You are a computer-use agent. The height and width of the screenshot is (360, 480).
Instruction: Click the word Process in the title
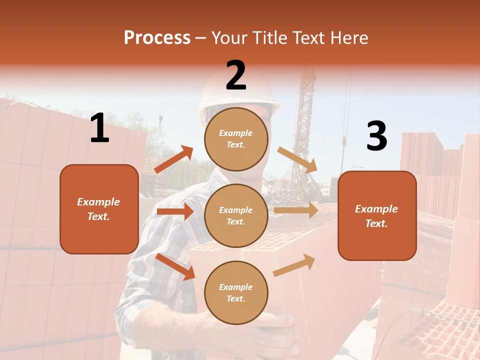(157, 37)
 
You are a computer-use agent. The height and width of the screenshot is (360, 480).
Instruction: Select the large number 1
(99, 128)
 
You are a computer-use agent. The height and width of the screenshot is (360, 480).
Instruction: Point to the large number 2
(236, 75)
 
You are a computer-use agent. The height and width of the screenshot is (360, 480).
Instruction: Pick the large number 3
(376, 136)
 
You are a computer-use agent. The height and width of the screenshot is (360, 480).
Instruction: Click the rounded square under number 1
(99, 209)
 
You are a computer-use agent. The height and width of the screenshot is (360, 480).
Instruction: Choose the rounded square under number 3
(377, 215)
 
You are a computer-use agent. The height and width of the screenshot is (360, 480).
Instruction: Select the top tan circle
(236, 139)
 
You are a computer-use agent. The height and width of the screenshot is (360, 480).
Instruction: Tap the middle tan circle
(236, 215)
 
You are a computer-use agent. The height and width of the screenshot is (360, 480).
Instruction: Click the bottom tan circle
(236, 292)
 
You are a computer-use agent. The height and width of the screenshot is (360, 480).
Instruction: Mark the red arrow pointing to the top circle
(173, 159)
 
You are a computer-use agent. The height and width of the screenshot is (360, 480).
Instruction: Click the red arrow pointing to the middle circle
(175, 211)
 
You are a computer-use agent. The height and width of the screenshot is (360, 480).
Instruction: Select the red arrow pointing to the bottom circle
(175, 266)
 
